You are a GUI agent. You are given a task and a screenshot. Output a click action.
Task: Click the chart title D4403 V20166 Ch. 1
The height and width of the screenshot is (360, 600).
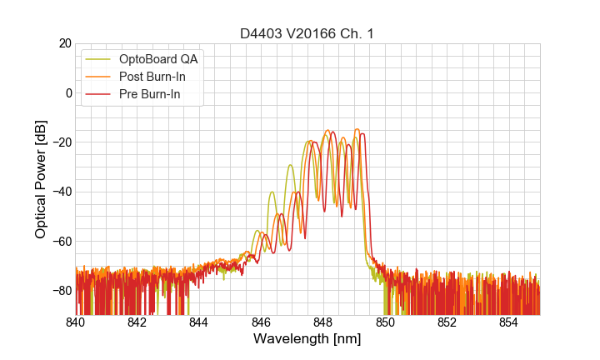[x=307, y=33]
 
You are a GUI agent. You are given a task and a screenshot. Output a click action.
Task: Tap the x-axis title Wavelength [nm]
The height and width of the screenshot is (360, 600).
[x=307, y=339]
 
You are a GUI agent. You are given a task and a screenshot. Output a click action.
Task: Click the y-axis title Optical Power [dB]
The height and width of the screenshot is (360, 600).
[x=41, y=179]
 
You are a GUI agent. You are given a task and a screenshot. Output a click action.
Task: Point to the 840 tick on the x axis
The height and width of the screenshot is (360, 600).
[x=75, y=322]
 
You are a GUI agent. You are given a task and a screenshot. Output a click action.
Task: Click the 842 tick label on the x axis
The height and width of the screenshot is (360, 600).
[x=137, y=322]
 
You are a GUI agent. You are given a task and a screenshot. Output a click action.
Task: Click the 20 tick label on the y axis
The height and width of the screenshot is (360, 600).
[x=63, y=43]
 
